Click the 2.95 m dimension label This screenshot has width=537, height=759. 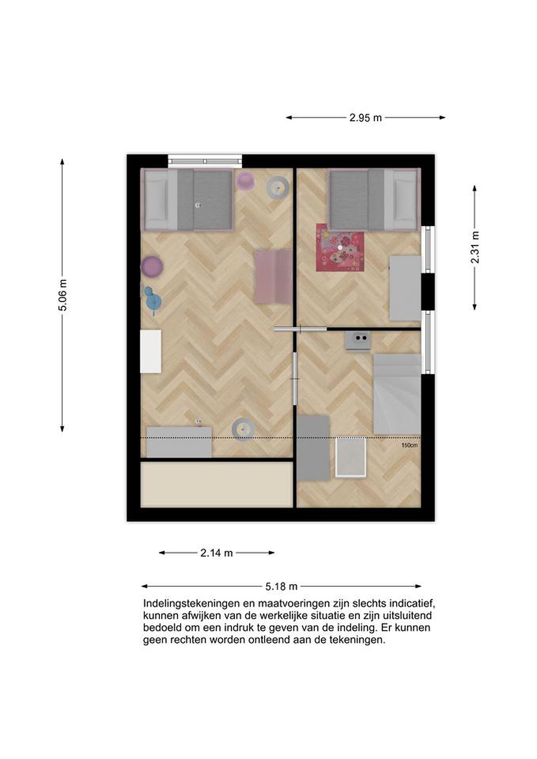tap(365, 118)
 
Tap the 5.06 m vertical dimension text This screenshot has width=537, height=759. tap(62, 295)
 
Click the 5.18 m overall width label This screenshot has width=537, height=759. tap(281, 586)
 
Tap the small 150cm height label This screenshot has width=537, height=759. tap(409, 445)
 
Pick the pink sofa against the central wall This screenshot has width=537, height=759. tap(273, 276)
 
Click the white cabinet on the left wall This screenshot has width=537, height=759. tap(151, 351)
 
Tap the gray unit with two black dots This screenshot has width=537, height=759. tap(358, 340)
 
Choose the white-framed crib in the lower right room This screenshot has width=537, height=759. tap(351, 457)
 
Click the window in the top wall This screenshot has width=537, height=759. tap(205, 161)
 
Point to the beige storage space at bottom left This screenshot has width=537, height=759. tap(217, 484)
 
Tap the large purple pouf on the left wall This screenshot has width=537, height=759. tap(152, 266)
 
